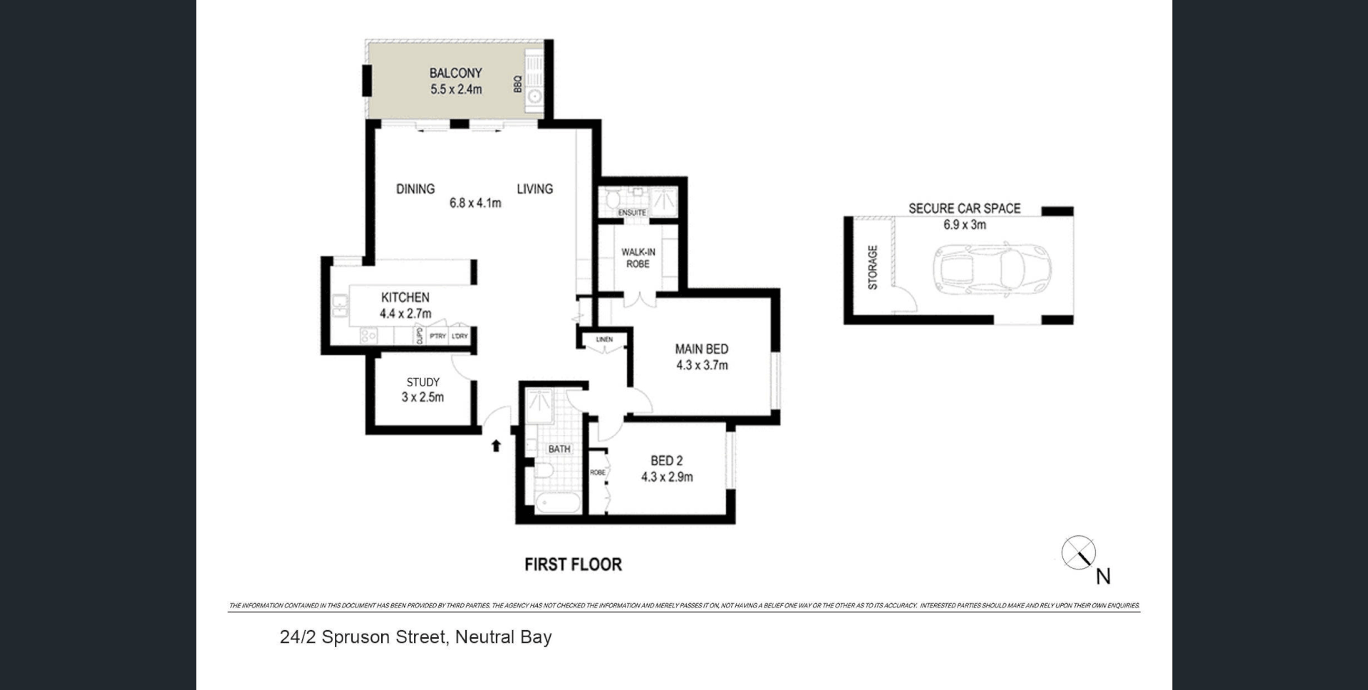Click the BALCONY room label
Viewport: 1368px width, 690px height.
click(x=455, y=73)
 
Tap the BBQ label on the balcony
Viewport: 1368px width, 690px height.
click(x=518, y=84)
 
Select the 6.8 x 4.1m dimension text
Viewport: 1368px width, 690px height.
click(x=475, y=203)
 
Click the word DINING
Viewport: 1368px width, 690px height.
click(x=415, y=189)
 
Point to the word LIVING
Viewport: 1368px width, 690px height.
click(x=534, y=189)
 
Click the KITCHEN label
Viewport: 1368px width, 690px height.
click(x=405, y=297)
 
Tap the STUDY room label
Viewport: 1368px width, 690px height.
click(x=423, y=382)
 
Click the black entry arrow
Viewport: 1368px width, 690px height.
click(x=496, y=446)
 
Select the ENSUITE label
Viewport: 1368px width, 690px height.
click(x=632, y=212)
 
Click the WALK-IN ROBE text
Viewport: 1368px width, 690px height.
click(x=638, y=258)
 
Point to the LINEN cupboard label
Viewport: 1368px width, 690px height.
click(x=604, y=339)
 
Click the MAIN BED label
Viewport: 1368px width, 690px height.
click(x=702, y=349)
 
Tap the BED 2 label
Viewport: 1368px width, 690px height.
click(x=666, y=461)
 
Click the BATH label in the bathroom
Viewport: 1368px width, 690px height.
click(x=559, y=449)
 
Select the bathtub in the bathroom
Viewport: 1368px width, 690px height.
click(x=559, y=503)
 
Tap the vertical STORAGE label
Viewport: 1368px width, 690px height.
click(x=873, y=267)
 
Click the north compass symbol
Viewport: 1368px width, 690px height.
click(x=1079, y=553)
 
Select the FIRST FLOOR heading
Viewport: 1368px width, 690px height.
click(x=573, y=565)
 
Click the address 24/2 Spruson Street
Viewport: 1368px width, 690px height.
click(x=415, y=637)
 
